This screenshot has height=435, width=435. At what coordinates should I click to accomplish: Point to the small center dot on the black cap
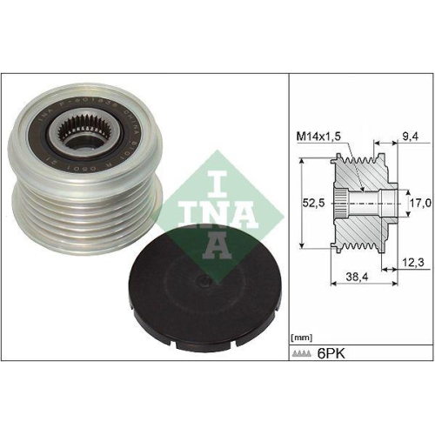200,280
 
